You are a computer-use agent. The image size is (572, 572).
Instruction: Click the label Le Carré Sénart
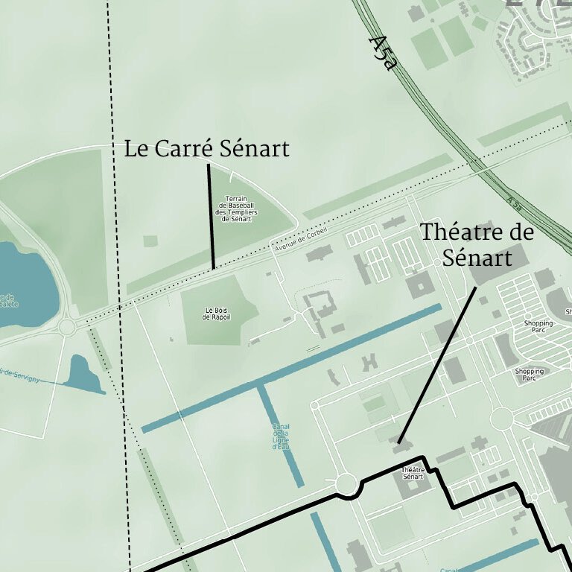coord(206,149)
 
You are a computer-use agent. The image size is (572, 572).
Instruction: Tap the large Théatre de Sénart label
coord(477,244)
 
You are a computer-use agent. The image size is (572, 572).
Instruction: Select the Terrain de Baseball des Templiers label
coord(235,209)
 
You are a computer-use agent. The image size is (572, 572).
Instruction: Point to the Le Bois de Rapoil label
coord(217,314)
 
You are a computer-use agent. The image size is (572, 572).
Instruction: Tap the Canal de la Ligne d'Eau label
coord(281,436)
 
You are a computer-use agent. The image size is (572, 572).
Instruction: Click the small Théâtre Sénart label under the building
coord(413,473)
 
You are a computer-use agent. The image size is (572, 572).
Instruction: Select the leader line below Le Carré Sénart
coord(211,216)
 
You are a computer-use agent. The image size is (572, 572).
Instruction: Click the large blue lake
coord(22,287)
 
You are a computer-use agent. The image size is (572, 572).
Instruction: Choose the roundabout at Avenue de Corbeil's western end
coord(68,326)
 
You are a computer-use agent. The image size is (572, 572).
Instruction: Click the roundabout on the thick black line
coord(345,485)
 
